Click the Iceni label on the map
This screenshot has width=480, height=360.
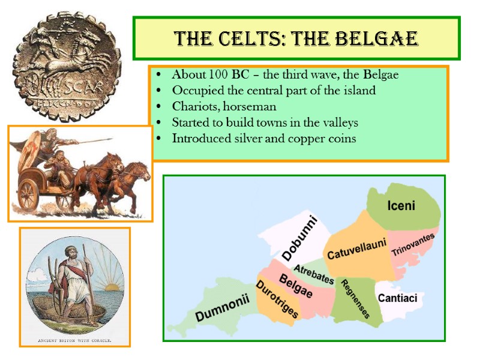(401, 206)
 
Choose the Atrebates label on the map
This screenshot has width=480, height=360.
(313, 274)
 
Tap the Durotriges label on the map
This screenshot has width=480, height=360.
(277, 302)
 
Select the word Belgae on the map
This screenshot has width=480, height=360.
(296, 286)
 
